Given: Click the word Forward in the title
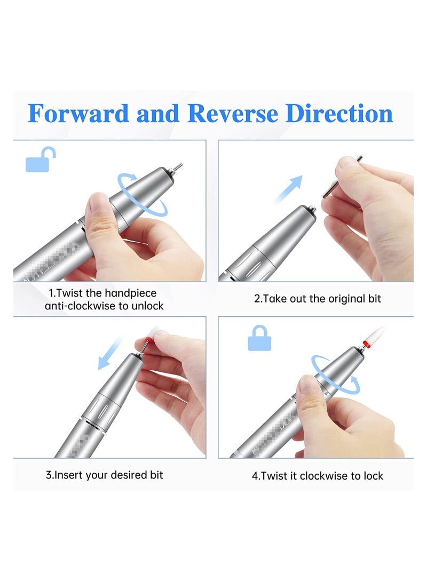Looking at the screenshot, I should coord(78,114).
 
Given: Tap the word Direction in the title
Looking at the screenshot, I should coord(339,114).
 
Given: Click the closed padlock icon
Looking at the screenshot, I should coord(259,339).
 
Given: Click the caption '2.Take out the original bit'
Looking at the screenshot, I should coord(317,299).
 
